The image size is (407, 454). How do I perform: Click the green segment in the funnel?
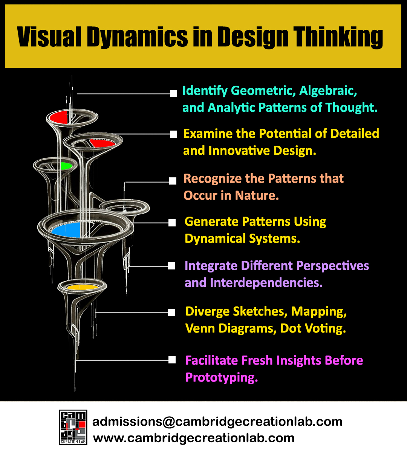point(66,166)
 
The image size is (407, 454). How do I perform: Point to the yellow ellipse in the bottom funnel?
point(82,287)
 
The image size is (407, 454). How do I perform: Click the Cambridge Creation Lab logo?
point(73,427)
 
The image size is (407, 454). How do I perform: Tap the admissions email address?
point(217,422)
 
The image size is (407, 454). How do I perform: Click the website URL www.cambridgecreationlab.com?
point(194,438)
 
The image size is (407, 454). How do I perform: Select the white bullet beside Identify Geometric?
point(173,93)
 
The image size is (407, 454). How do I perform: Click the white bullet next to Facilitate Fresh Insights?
point(172,360)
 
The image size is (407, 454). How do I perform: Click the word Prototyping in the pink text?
point(222,377)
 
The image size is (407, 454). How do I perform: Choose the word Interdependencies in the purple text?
point(266,283)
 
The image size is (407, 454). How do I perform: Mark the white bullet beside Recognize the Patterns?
point(173,181)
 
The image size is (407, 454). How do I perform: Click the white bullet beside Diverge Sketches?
point(172,312)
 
